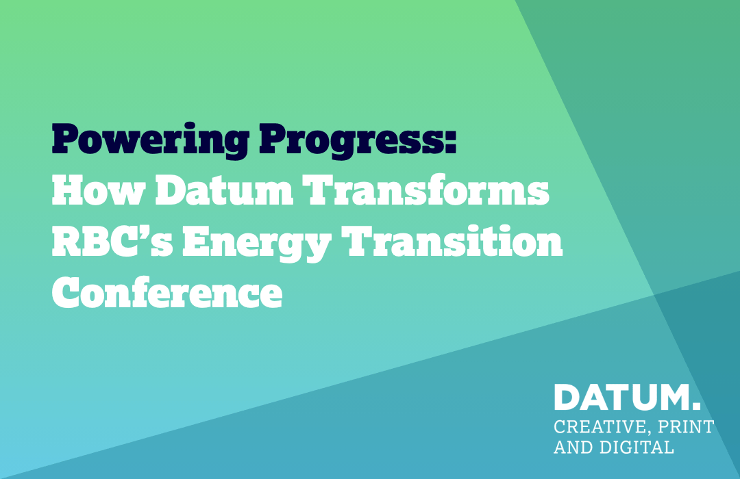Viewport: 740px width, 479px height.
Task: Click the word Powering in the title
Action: pyautogui.click(x=150, y=140)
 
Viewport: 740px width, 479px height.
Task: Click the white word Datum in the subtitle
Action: pyautogui.click(x=224, y=190)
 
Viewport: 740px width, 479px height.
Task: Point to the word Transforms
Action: pyautogui.click(x=425, y=190)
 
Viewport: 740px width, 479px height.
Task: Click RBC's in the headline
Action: pyautogui.click(x=112, y=241)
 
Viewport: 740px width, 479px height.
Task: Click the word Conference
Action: pyautogui.click(x=167, y=292)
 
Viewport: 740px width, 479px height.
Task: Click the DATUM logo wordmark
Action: pyautogui.click(x=621, y=397)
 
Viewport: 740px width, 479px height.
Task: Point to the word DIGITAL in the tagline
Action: pyautogui.click(x=637, y=447)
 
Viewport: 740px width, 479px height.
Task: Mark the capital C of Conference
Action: pyautogui.click(x=65, y=292)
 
